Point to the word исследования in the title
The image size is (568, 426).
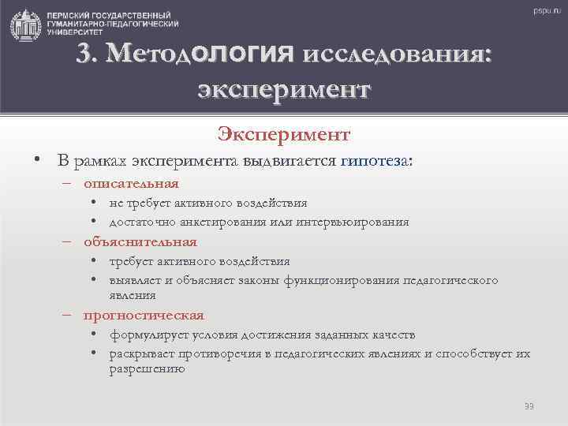coord(395,54)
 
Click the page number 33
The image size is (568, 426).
coord(529,405)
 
